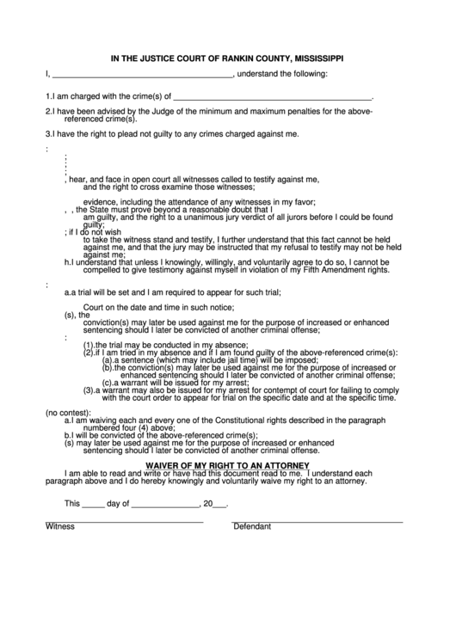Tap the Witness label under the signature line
click(60, 526)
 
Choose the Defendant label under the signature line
click(252, 526)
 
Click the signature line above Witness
click(124, 520)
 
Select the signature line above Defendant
click(317, 520)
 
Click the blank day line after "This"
click(93, 506)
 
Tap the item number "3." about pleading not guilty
click(48, 134)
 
